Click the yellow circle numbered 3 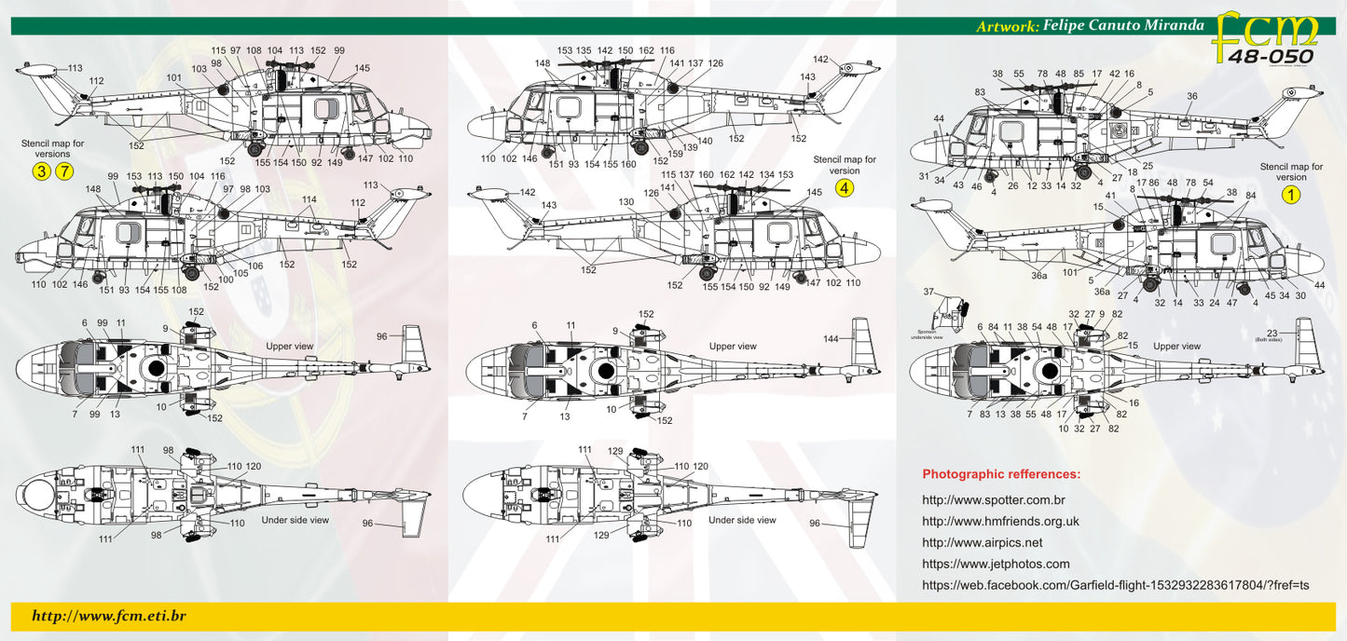[41, 170]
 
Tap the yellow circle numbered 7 [63, 170]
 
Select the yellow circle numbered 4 [845, 188]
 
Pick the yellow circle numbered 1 [1291, 195]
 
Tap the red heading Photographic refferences [1001, 474]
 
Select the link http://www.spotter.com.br [994, 500]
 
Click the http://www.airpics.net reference [982, 542]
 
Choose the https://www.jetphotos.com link [996, 564]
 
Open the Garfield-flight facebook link [1115, 585]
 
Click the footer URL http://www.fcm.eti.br [109, 616]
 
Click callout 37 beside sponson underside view [928, 292]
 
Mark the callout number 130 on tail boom [625, 201]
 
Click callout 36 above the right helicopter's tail [1191, 96]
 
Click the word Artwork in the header [1007, 26]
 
